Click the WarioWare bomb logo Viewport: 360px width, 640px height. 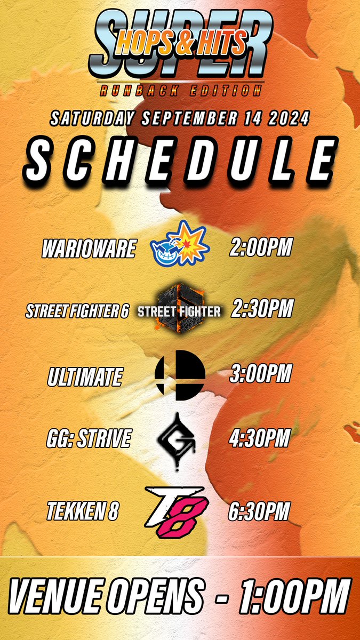[179, 243]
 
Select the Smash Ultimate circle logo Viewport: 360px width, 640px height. [180, 375]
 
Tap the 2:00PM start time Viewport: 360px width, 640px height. [261, 248]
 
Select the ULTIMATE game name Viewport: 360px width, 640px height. [84, 377]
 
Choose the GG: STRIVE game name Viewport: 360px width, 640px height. [88, 439]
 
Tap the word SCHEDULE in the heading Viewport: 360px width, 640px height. [180, 161]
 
